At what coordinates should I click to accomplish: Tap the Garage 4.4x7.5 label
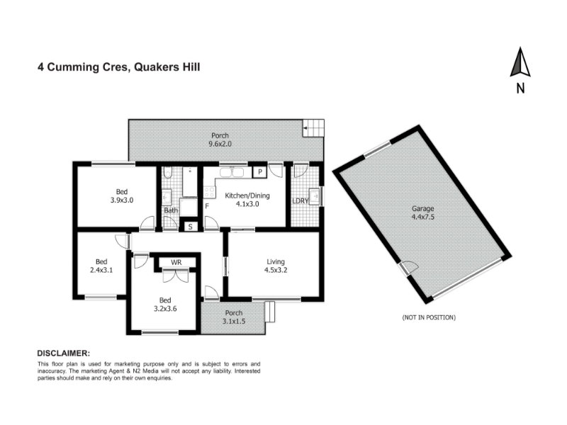coord(422,213)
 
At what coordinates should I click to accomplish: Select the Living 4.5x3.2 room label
coord(276,266)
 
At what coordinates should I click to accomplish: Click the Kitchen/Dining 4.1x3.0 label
coord(247,200)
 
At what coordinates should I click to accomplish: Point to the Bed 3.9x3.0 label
coord(122,195)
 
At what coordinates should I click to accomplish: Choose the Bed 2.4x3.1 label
coord(101,266)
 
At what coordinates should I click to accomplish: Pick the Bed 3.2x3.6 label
coord(165,305)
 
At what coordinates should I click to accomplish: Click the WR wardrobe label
coord(176,262)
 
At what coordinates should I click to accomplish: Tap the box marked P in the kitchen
coord(259,172)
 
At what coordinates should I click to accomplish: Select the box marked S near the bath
coord(190,227)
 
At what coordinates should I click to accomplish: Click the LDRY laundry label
coord(300,201)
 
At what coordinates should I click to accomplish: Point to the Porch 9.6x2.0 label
coord(220,140)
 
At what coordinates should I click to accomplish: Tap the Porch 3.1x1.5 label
coord(234,317)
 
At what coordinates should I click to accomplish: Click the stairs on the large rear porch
coord(313,128)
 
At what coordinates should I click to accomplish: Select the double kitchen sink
coord(232,172)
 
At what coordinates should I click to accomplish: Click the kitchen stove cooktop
coord(209,192)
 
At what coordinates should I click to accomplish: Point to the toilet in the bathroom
coord(167,173)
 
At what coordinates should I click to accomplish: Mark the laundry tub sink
coord(314,197)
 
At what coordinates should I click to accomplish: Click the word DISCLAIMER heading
coord(64,353)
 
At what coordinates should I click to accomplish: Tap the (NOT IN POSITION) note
coord(429,317)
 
